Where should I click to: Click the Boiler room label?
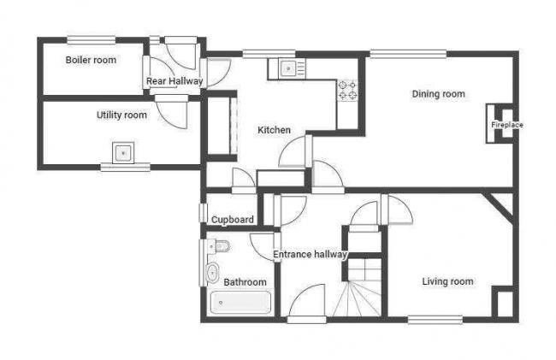pos(91,60)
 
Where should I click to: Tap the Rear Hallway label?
pos(174,81)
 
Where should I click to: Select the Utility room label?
pos(121,115)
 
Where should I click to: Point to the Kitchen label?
pos(275,130)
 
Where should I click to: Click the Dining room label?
pos(438,94)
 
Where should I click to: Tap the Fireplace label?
pos(506,125)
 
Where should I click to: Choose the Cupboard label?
pos(232,220)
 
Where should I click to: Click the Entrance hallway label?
pos(310,254)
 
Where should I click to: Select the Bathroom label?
pos(245,281)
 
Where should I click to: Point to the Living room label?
pos(447,281)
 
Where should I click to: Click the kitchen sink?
pos(288,68)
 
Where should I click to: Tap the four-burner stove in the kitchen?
pos(347,89)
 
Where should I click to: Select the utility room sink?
pos(123,154)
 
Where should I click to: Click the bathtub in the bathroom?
pos(240,304)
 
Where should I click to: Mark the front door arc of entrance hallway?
pos(307,303)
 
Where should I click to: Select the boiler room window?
pos(91,38)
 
